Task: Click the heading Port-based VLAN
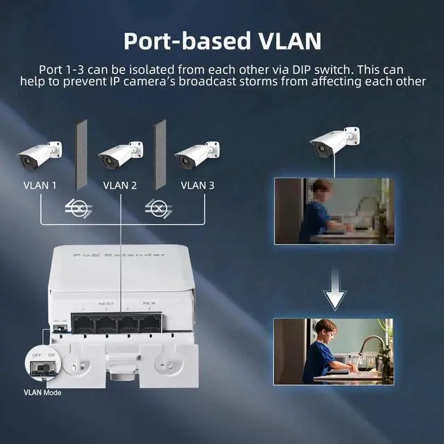[x=222, y=40]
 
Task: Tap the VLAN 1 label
[x=40, y=185]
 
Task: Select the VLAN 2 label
[x=120, y=185]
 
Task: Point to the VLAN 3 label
[x=198, y=185]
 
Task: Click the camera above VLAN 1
[x=39, y=155]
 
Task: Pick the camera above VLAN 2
[x=119, y=155]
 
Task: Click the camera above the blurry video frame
[x=334, y=142]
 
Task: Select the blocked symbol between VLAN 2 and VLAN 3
[x=160, y=207]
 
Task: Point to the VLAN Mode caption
[x=42, y=393]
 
